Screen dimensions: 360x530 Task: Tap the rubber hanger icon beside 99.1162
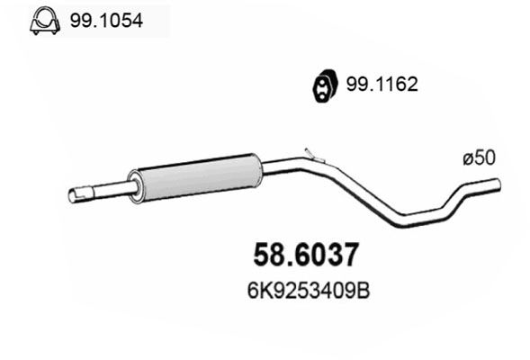point(319,85)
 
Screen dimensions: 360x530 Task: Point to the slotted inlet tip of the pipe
point(80,193)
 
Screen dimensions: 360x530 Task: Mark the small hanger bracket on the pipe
point(310,154)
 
